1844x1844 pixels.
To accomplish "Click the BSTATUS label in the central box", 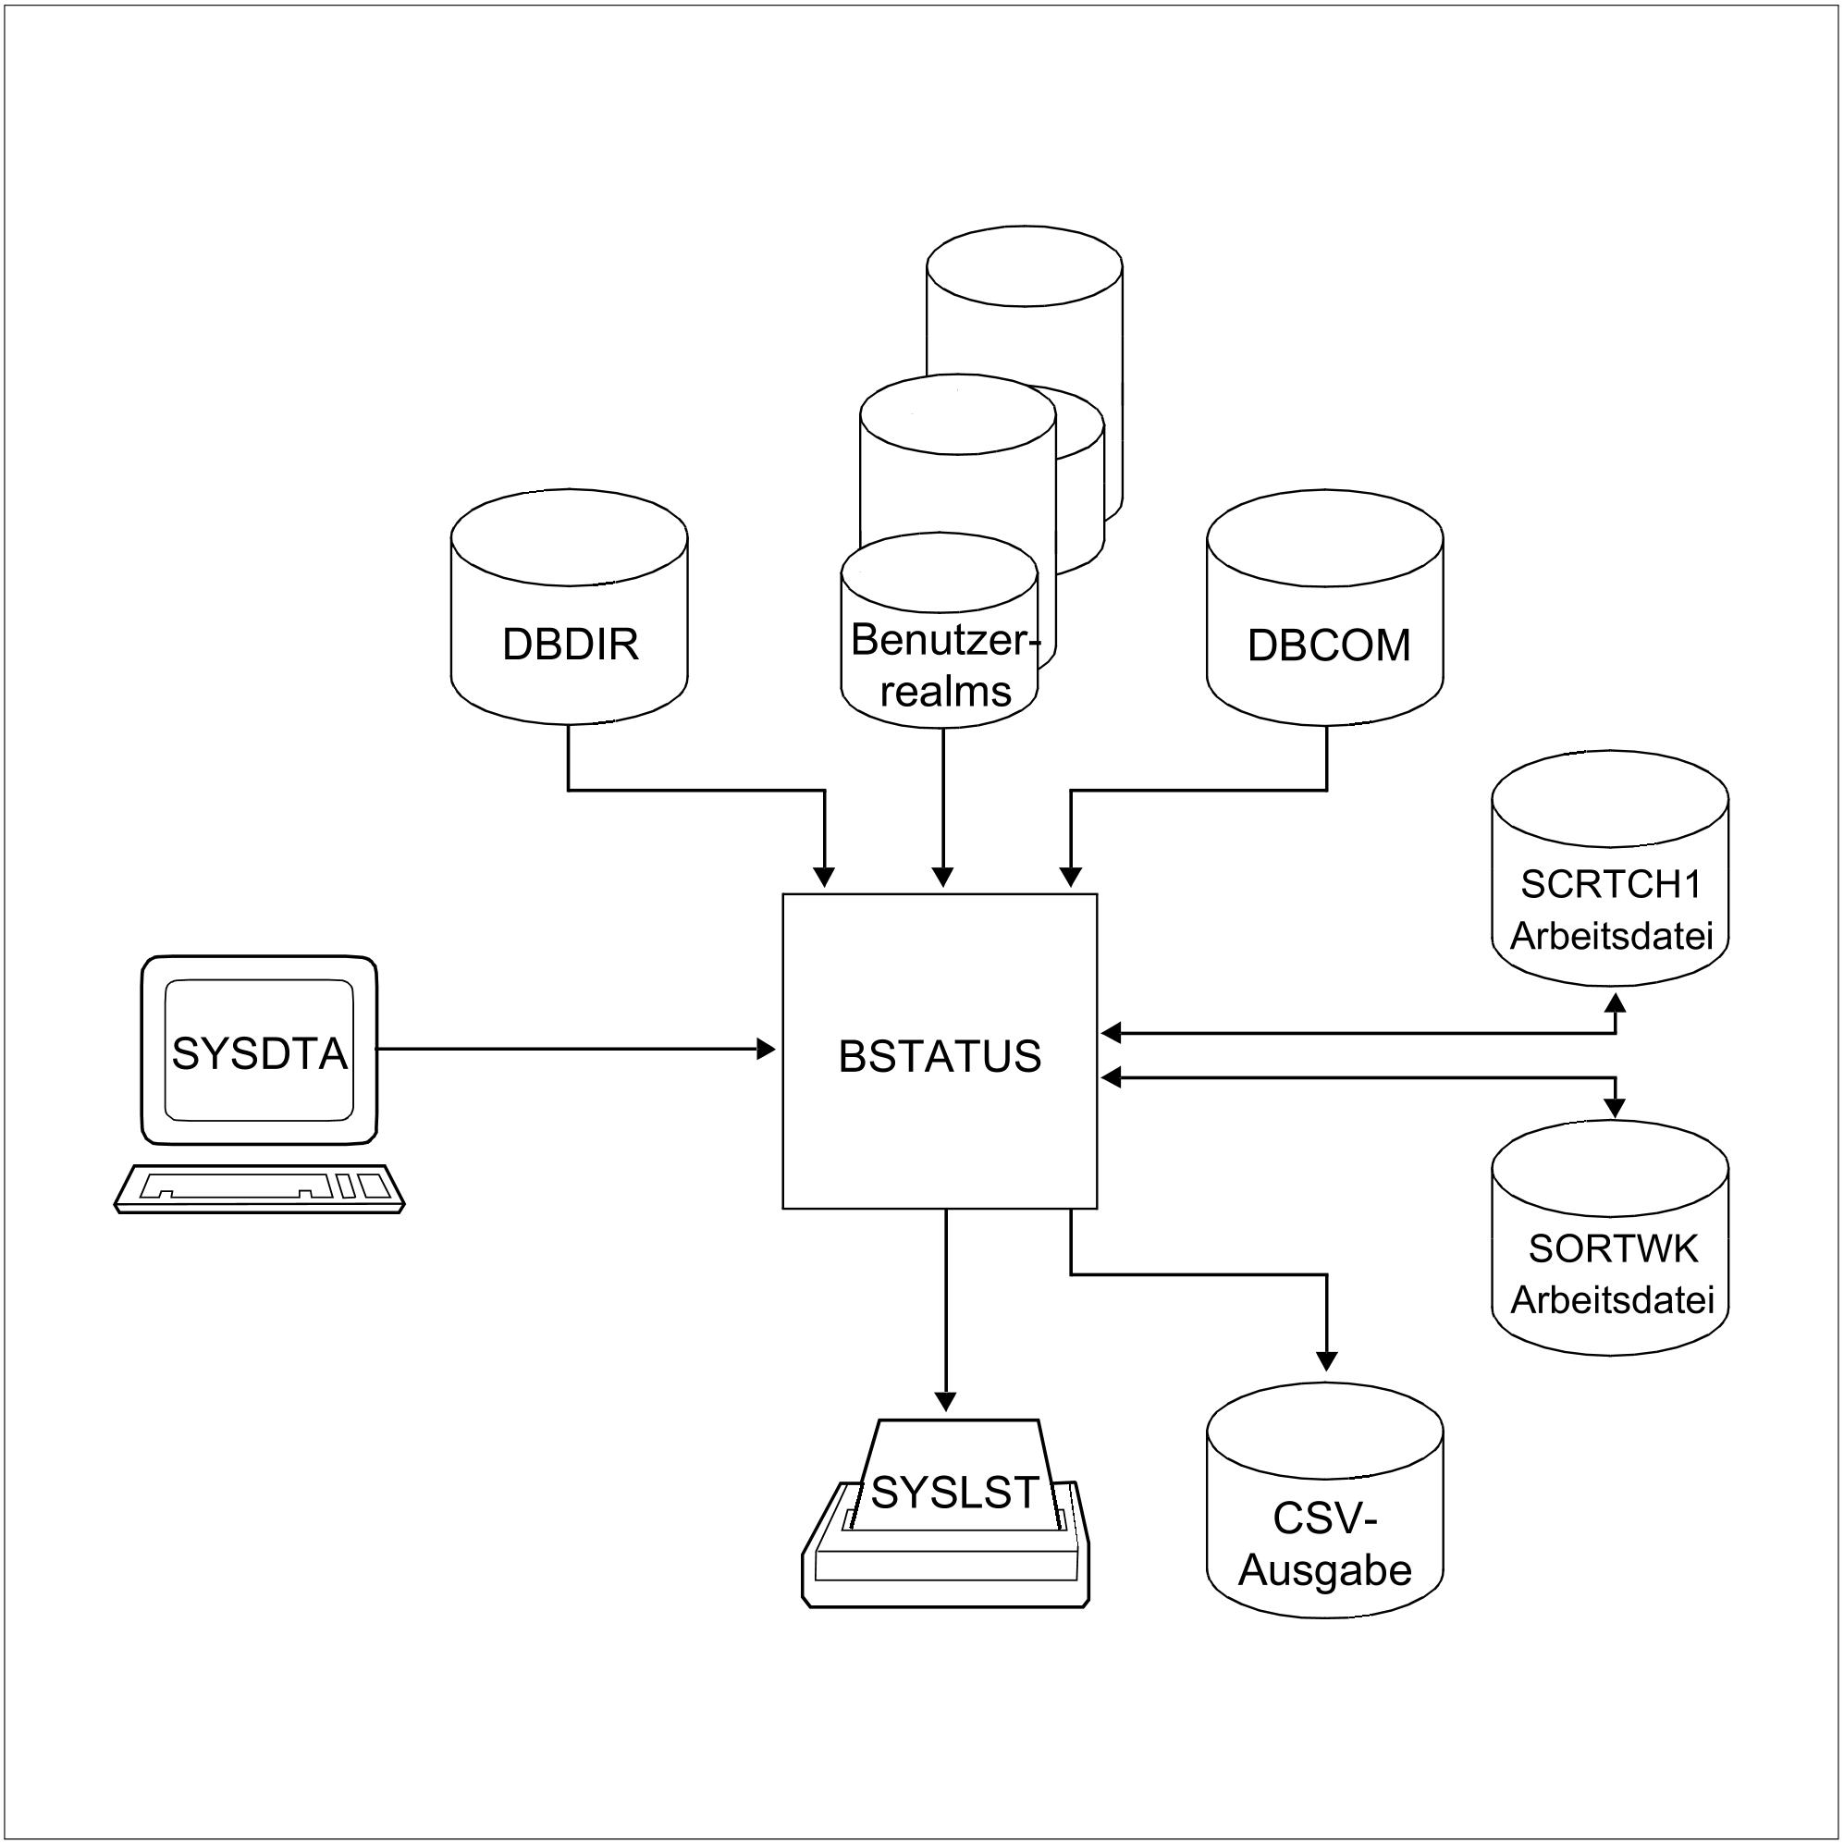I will [940, 1057].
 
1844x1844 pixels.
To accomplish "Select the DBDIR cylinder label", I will [570, 645].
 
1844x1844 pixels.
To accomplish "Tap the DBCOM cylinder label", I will [1329, 645].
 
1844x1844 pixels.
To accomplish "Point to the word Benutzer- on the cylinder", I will [943, 640].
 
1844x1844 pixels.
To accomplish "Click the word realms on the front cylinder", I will [945, 691].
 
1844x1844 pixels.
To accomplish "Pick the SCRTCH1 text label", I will [1611, 885].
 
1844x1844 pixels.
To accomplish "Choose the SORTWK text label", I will [1613, 1248].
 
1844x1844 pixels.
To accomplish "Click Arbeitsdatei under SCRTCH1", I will [1611, 935].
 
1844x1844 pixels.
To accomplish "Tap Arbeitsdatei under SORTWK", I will [1612, 1299].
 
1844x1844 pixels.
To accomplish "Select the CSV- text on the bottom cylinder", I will [1325, 1518].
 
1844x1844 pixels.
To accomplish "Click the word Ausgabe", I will [1325, 1570].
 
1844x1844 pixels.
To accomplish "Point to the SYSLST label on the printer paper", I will [954, 1493].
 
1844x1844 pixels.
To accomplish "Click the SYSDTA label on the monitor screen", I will [260, 1053].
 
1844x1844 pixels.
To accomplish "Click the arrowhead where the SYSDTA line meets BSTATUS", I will [767, 1050].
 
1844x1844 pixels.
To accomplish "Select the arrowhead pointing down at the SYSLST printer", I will [945, 1401].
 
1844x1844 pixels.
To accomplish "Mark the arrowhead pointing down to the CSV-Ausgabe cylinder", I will [1327, 1361].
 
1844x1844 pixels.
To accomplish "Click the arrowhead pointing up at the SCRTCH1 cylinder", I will [1615, 1002].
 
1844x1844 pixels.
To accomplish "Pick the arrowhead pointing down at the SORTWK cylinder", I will [1615, 1108].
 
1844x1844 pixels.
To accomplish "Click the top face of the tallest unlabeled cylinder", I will [1024, 266].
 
